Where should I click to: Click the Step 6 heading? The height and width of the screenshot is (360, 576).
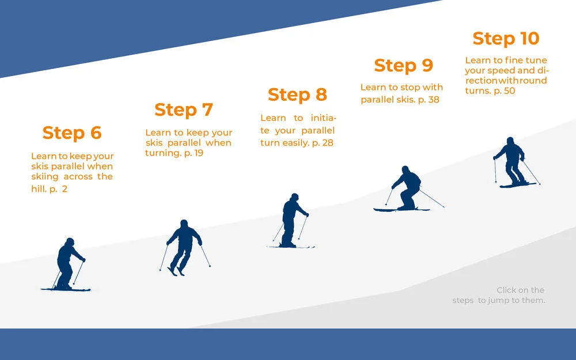(72, 133)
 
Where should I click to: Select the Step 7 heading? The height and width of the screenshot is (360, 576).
(184, 109)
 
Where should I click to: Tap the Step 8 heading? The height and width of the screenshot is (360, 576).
(297, 94)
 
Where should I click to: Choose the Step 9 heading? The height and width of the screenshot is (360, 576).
(403, 66)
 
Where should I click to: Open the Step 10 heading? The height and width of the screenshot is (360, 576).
(506, 39)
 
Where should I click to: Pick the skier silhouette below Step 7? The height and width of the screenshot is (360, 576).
(184, 247)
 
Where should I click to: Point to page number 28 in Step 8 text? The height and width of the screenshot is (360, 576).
(328, 143)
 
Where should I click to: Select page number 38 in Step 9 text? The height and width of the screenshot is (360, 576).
(434, 100)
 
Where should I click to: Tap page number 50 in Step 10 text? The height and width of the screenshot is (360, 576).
(509, 91)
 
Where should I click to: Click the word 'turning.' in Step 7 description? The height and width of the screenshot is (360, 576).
(162, 153)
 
